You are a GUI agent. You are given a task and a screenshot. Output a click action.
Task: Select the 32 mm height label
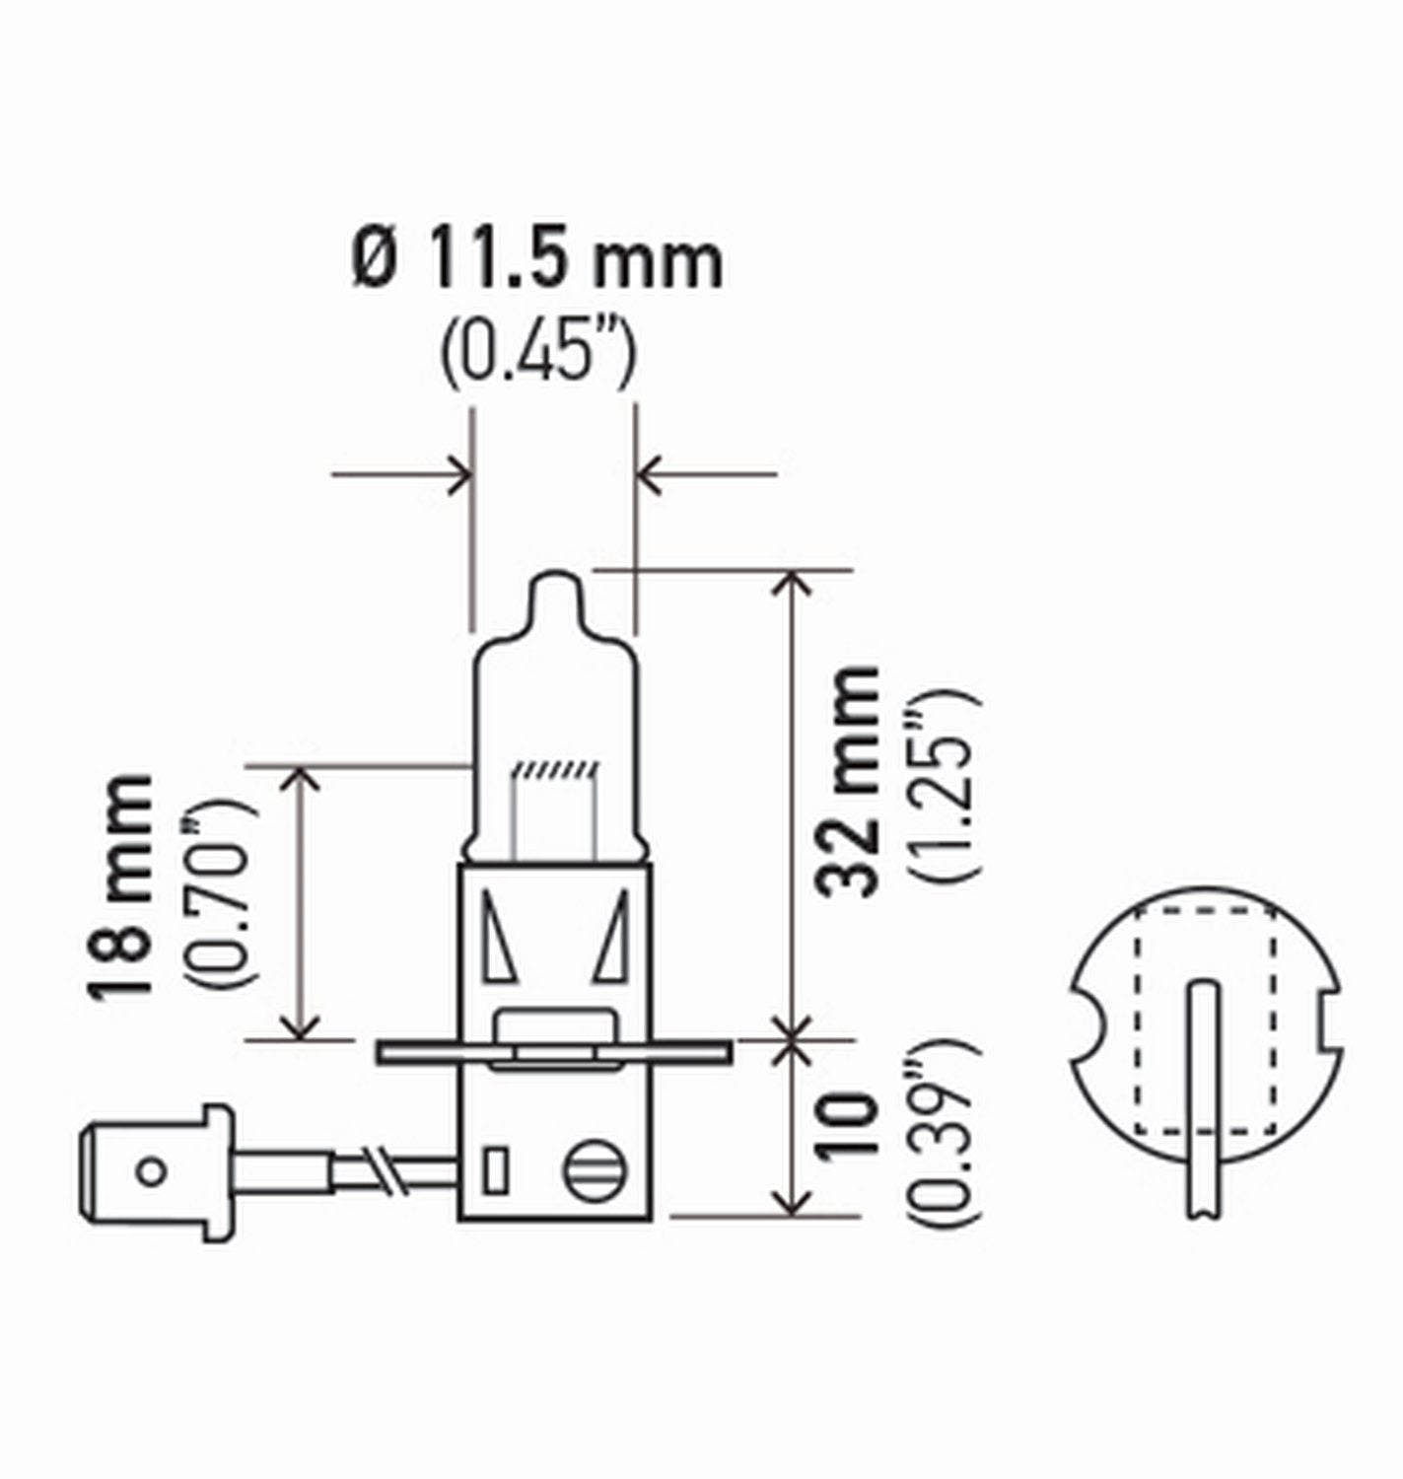click(847, 781)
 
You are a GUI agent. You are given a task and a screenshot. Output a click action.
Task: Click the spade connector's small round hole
click(151, 1171)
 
